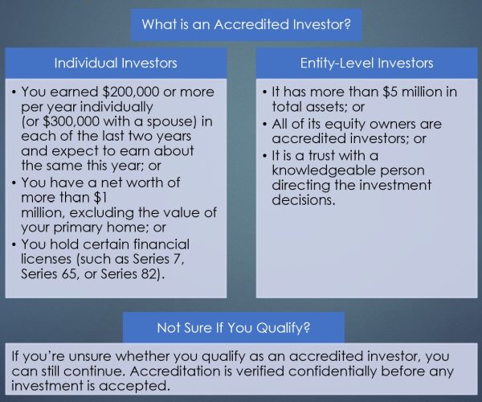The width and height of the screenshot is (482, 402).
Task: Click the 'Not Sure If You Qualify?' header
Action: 234,327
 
